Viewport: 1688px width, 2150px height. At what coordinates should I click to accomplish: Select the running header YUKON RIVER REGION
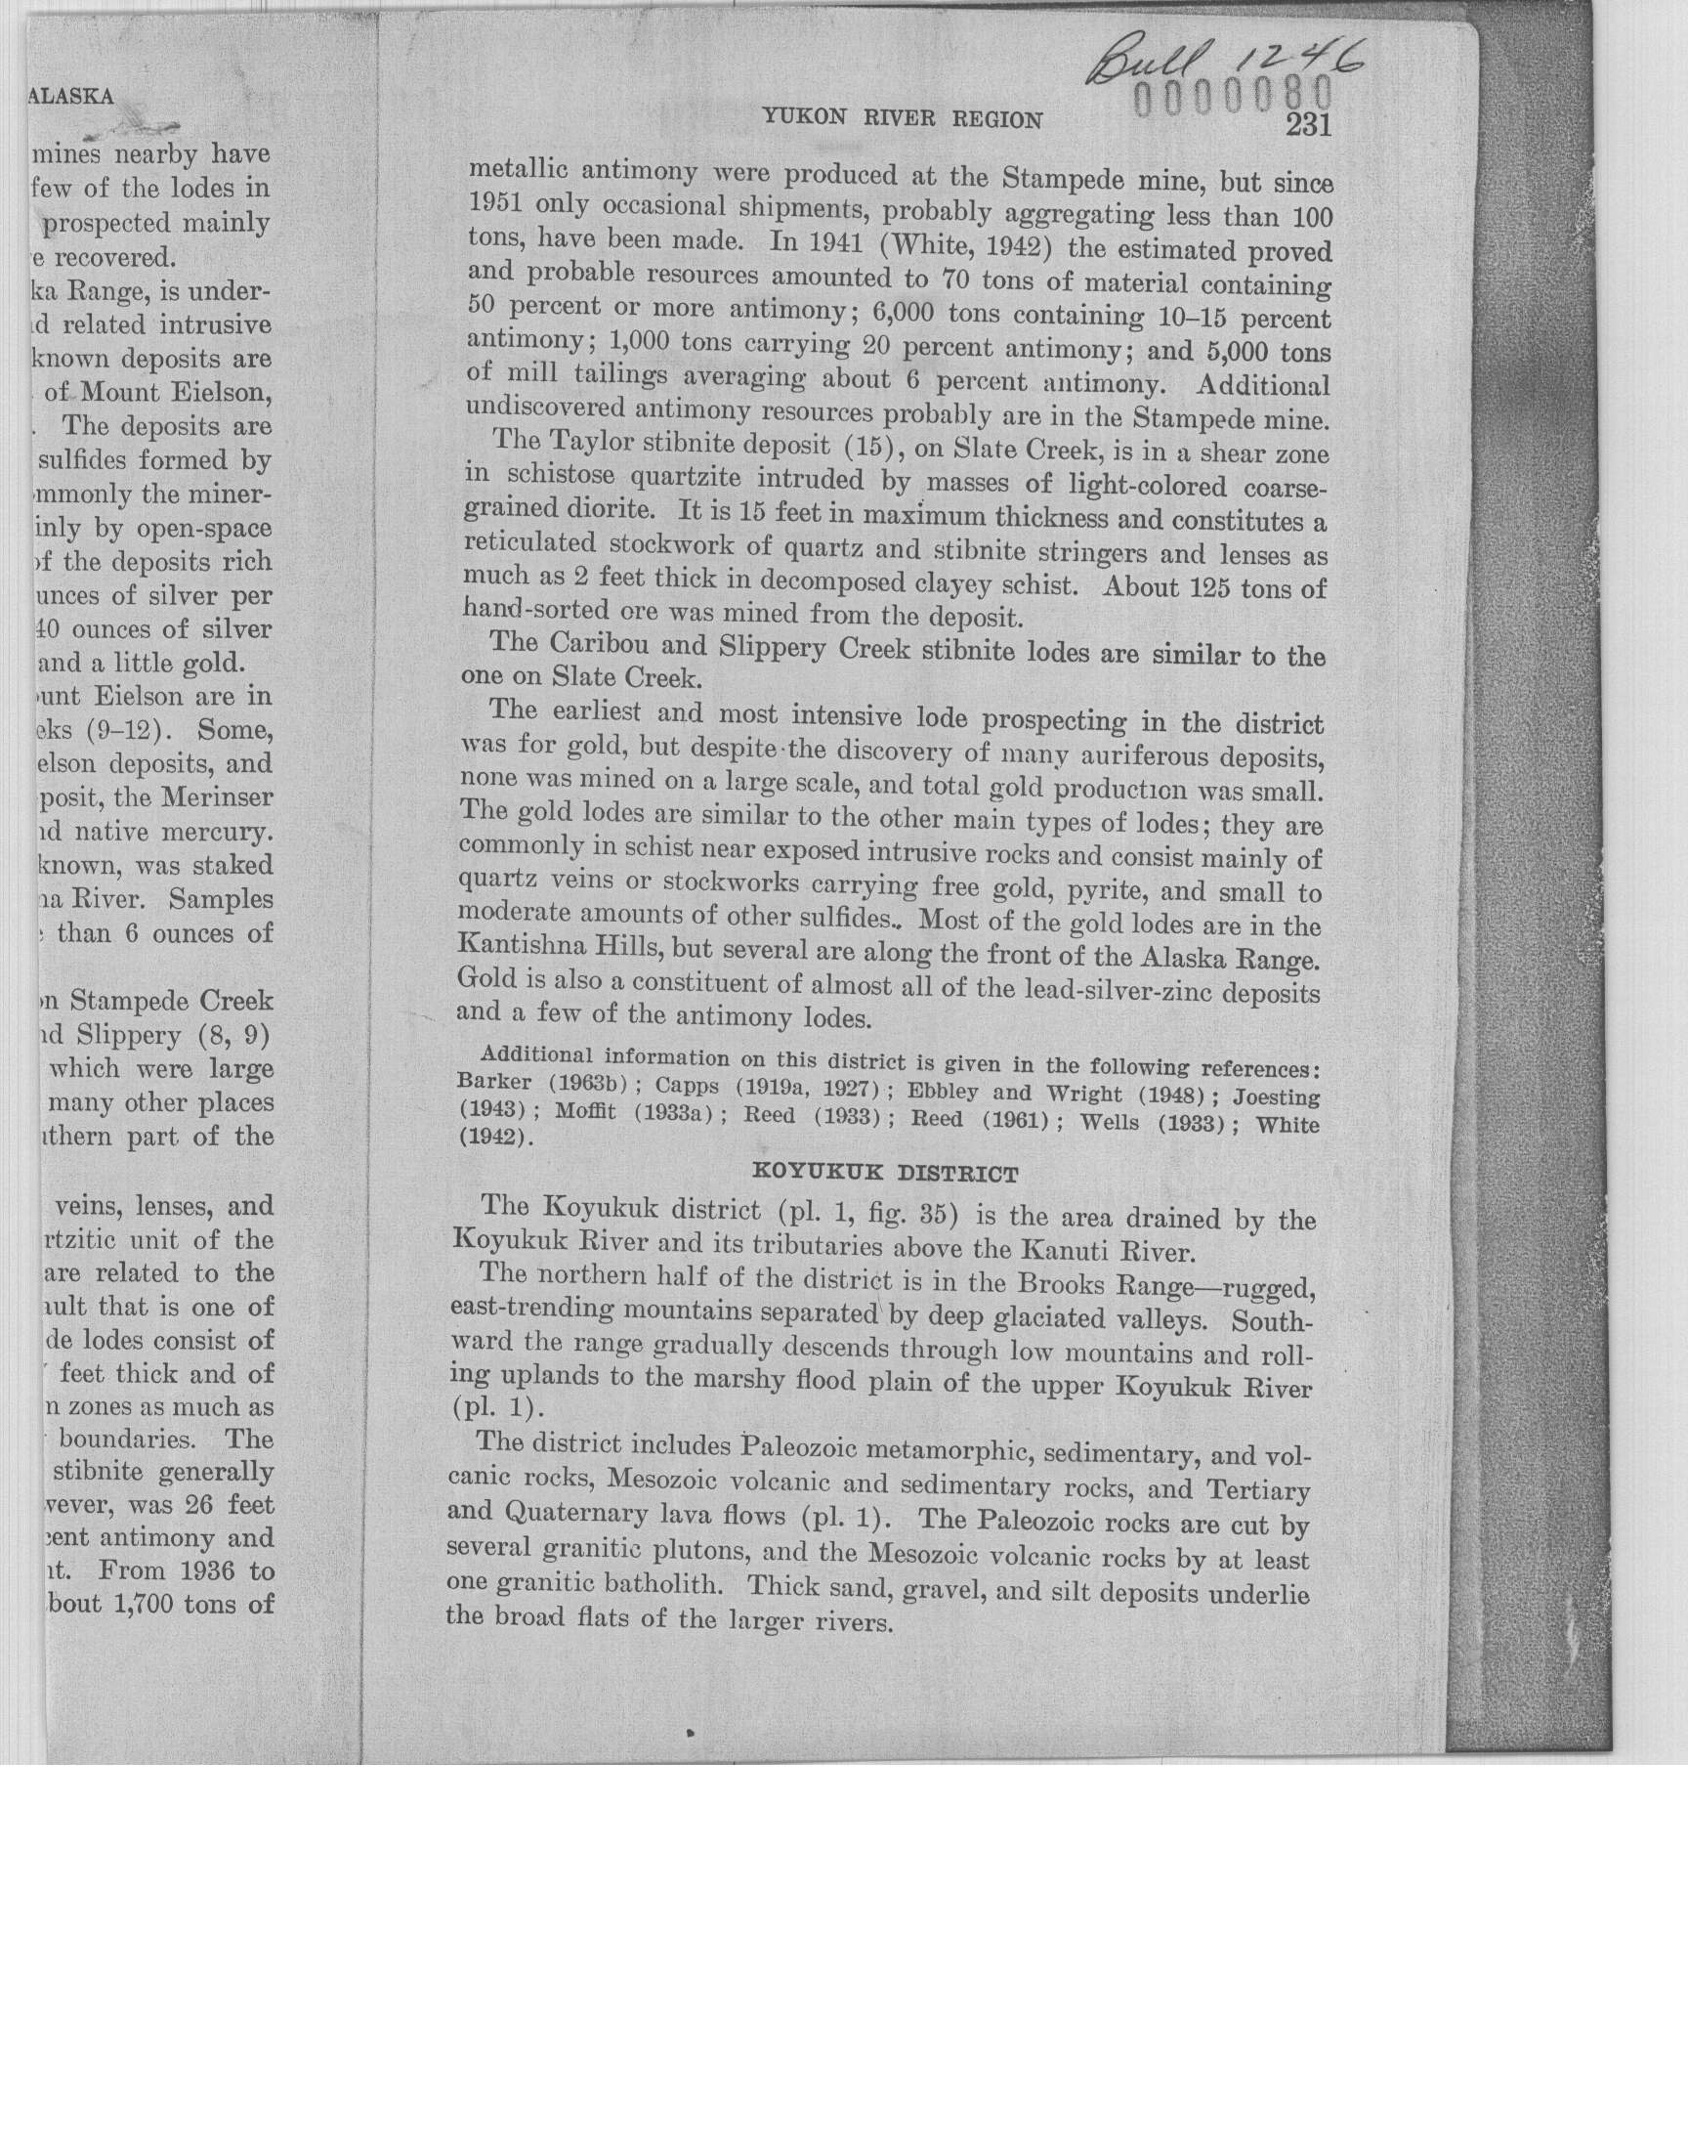(x=902, y=119)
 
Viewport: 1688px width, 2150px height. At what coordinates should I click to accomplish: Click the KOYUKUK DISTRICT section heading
(x=884, y=1175)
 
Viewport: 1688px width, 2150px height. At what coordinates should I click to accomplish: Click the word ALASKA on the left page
(x=72, y=97)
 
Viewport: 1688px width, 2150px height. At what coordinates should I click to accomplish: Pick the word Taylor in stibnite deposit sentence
(x=589, y=444)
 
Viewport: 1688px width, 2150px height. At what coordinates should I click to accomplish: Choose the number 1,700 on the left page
(x=149, y=1605)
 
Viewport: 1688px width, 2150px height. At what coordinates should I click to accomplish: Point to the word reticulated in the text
(x=528, y=545)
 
